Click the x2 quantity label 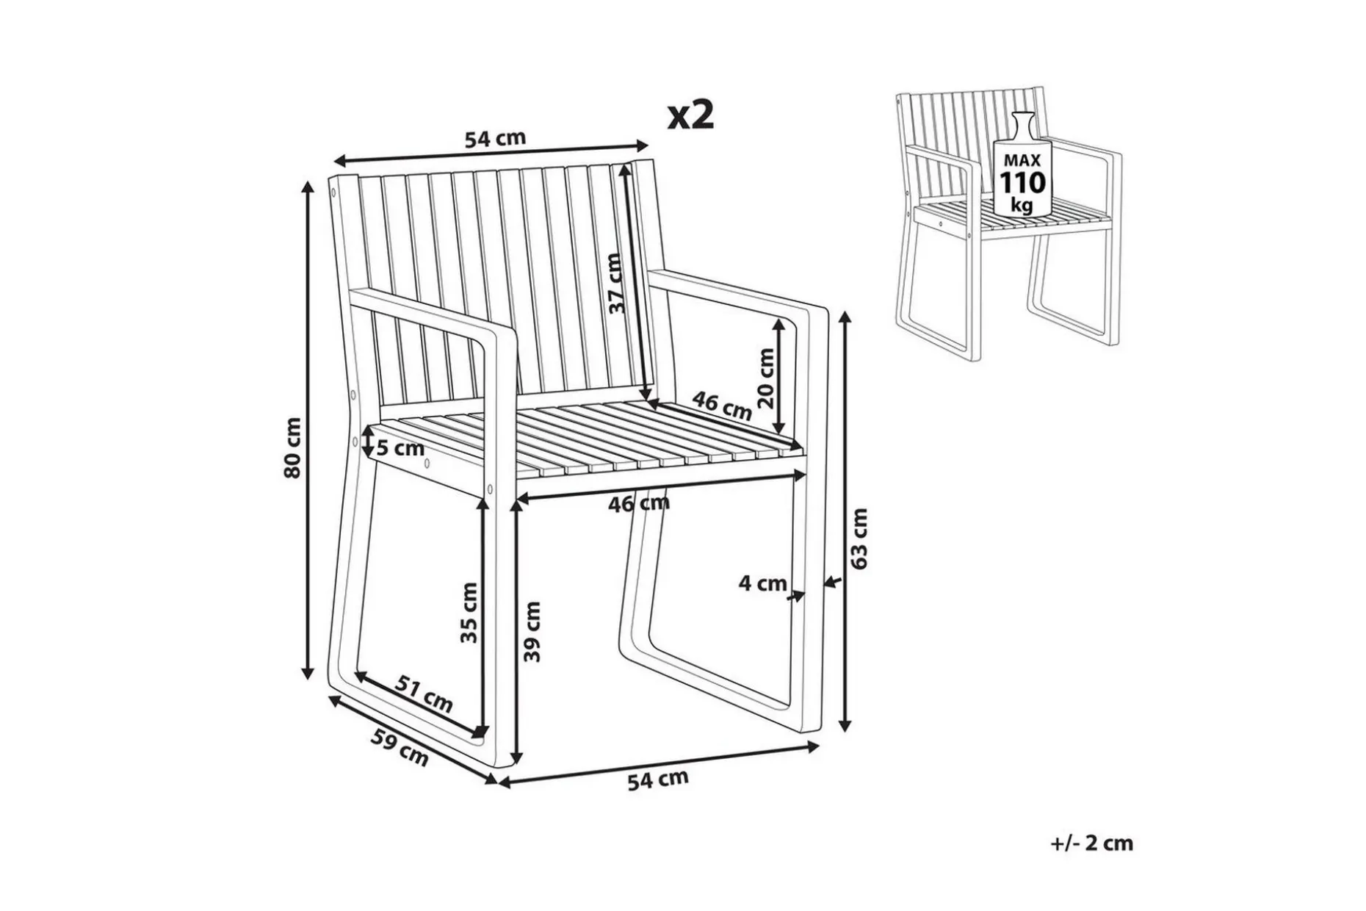tap(690, 115)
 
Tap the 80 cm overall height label tap(293, 447)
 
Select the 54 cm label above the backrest tap(496, 137)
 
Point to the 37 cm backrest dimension tap(615, 284)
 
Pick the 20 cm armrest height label tap(765, 378)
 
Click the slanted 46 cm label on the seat tap(723, 406)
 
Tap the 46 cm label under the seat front tap(639, 503)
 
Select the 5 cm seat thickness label tap(400, 447)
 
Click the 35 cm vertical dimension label tap(469, 613)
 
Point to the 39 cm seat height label tap(532, 632)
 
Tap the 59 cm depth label tap(399, 747)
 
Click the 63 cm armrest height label tap(859, 538)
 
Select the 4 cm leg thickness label tap(762, 583)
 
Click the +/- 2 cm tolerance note tap(1091, 843)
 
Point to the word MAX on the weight tap(1022, 160)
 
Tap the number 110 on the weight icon tap(1022, 183)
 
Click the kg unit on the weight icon tap(1022, 205)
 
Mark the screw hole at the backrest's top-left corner tap(334, 194)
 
